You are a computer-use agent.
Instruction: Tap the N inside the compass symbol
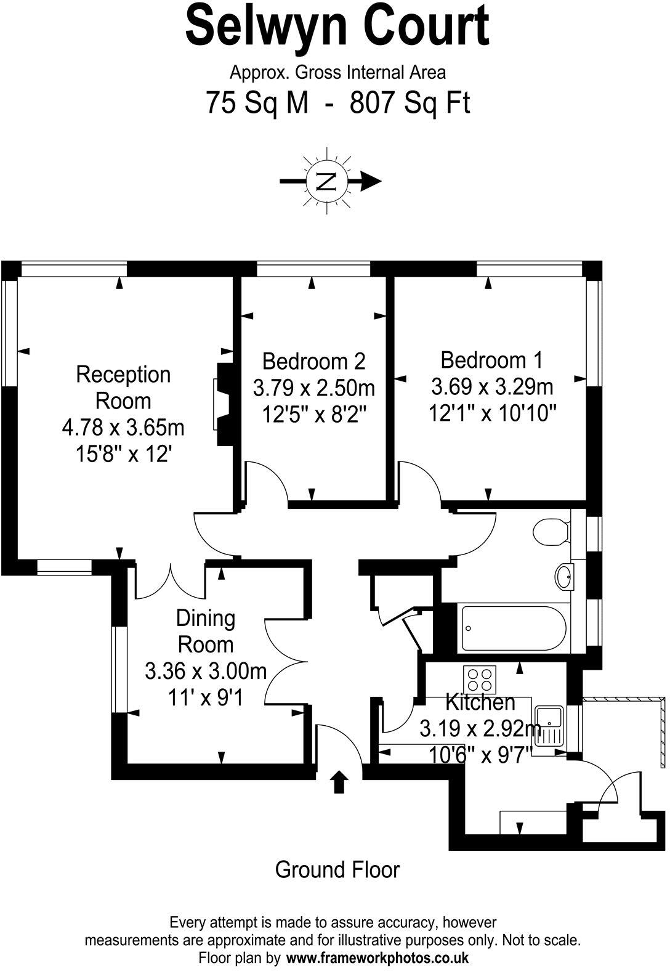coord(326,181)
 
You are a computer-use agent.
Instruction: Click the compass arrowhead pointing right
coord(371,181)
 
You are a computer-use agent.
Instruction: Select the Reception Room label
coord(123,388)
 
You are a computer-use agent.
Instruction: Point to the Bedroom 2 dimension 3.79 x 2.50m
coord(314,388)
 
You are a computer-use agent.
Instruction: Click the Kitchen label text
coord(480,702)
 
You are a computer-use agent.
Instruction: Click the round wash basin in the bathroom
coord(563,577)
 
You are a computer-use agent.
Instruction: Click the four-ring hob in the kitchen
coord(480,680)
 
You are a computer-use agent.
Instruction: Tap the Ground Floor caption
coord(337,869)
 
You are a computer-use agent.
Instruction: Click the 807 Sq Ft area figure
coord(410,102)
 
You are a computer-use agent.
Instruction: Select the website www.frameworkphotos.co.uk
coord(377,958)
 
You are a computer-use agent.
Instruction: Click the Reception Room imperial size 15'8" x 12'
coord(124,454)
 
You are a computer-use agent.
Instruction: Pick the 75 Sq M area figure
coord(257,102)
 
